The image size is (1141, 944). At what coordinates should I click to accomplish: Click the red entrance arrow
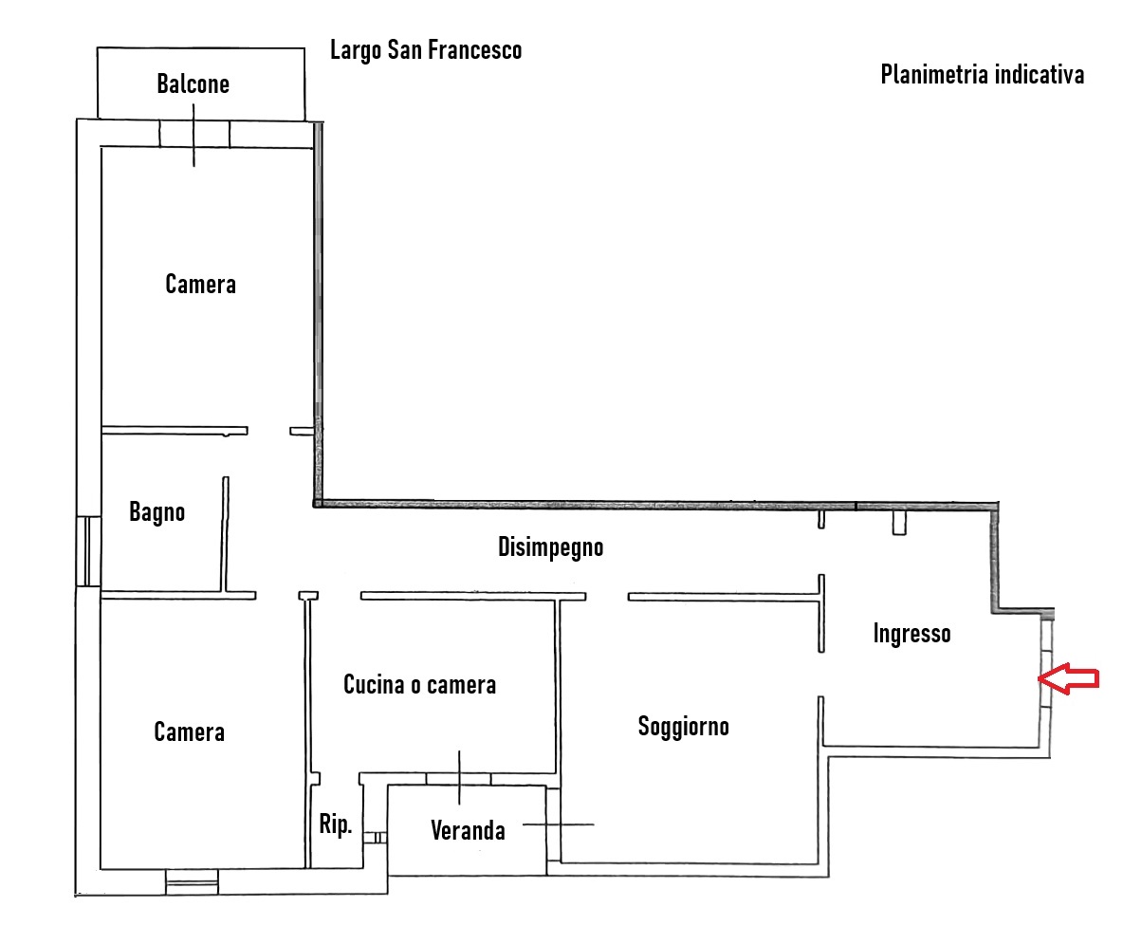[1068, 678]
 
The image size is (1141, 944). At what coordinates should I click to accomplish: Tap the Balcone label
[193, 84]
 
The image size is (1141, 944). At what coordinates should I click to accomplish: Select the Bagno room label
[156, 512]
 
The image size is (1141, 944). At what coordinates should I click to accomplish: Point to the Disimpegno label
[550, 547]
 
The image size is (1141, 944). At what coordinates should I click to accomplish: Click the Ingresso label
[911, 634]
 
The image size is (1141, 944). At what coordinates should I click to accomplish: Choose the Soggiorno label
[683, 727]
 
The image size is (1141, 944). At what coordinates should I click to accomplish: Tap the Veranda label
[468, 830]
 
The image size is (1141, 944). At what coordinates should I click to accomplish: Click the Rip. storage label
[335, 824]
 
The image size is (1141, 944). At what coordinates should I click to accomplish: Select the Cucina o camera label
[419, 685]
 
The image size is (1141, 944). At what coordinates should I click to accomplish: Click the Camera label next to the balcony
[200, 285]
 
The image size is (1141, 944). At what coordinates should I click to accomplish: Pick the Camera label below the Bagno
[189, 731]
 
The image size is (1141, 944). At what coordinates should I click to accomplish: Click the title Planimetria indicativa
[982, 75]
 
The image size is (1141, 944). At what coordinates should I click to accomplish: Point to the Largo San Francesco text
[426, 50]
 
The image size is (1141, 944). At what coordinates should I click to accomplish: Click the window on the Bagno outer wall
[87, 551]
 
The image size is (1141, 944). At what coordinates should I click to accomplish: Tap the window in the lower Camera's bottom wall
[192, 881]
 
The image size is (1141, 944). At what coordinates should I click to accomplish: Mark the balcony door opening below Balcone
[194, 135]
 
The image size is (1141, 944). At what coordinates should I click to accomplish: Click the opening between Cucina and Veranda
[458, 779]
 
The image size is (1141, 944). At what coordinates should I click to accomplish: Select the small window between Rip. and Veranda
[376, 838]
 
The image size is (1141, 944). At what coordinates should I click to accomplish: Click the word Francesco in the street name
[474, 50]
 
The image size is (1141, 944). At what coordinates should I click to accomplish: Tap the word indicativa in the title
[1040, 75]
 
